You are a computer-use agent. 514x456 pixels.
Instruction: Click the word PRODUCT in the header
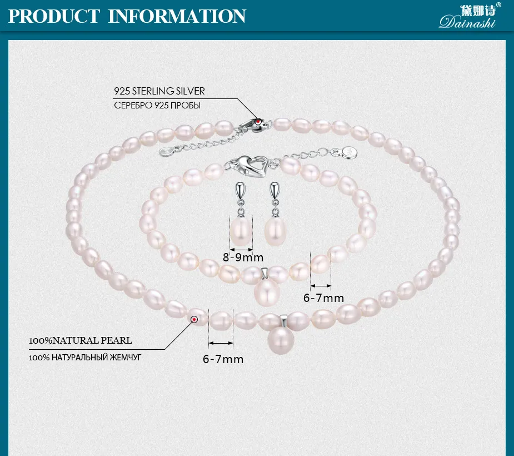pyautogui.click(x=54, y=16)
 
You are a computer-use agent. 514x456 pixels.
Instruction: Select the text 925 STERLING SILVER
pyautogui.click(x=159, y=91)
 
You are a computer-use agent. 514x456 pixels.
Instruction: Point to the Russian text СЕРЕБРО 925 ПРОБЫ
pyautogui.click(x=157, y=106)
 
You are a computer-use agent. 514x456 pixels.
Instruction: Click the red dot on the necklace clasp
pyautogui.click(x=258, y=121)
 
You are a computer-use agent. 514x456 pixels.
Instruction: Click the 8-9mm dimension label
pyautogui.click(x=243, y=257)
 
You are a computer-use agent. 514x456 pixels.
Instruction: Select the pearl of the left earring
pyautogui.click(x=240, y=231)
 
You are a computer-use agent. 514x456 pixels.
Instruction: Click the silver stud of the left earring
pyautogui.click(x=239, y=192)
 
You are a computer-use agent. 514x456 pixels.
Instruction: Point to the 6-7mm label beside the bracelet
pyautogui.click(x=324, y=298)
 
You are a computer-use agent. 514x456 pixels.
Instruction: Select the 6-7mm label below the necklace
pyautogui.click(x=223, y=359)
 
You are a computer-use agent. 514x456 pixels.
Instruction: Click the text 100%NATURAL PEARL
pyautogui.click(x=81, y=340)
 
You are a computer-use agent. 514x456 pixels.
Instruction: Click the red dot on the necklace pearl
pyautogui.click(x=194, y=319)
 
